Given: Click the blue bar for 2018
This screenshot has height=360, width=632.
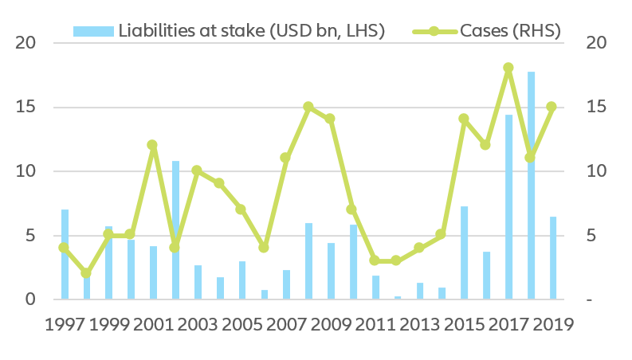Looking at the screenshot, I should point(530,186).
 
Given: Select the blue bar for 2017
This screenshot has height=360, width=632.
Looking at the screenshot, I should point(508,207).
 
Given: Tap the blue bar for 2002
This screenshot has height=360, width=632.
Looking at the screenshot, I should point(175,230).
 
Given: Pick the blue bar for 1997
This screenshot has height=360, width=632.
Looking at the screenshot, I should point(65,255).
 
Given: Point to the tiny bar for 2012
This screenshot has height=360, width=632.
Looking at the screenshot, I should point(397,298).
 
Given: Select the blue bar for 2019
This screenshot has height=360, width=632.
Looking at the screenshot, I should point(552,258).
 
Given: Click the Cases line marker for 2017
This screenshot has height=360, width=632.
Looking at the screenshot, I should point(508,68).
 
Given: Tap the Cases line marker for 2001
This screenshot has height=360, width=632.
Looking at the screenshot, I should point(152,145).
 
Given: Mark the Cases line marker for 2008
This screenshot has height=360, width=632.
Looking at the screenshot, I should point(308,107).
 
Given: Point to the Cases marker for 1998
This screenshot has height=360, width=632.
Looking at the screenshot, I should point(86,273).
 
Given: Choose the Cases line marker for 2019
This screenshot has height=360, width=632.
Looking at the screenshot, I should point(552,107).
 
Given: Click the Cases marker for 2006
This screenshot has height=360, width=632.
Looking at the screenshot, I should point(264,248).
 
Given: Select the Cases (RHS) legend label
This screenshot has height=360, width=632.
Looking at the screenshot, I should point(510,30).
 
